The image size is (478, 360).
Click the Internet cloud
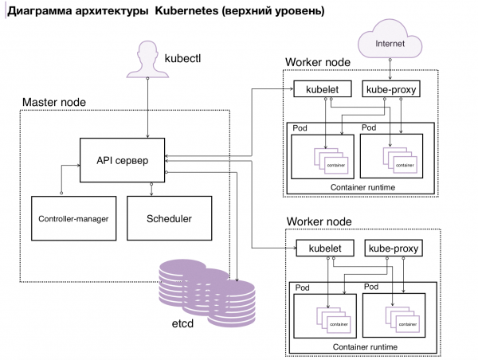(390, 44)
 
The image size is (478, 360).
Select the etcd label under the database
(184, 325)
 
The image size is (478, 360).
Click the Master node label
(54, 103)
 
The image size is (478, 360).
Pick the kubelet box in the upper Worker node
(318, 90)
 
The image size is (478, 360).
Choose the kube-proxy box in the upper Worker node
(390, 90)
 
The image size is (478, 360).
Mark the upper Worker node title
(319, 63)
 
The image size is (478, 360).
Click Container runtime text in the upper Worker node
(362, 186)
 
